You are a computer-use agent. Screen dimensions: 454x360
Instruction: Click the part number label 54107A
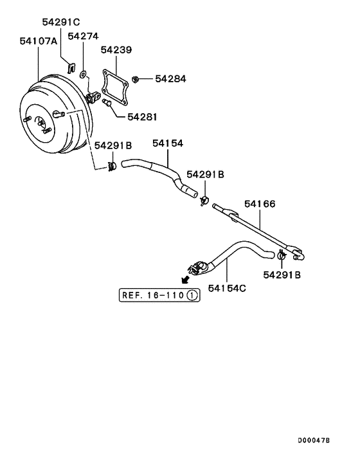38,41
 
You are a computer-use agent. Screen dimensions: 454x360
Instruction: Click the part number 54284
170,78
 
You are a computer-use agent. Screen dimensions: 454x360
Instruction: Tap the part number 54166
259,204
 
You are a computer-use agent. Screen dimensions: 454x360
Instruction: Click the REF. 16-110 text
153,295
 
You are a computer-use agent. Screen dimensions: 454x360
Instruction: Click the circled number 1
192,295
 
